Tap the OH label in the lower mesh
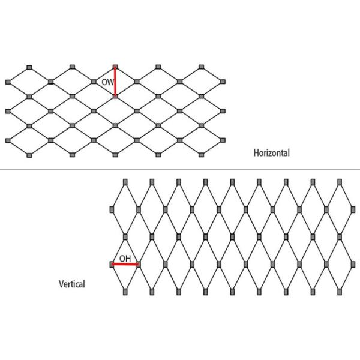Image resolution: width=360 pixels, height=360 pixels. pos(125,259)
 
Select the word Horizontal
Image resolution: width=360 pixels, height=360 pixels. pos(271,153)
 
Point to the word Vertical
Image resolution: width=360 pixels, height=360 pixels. pos(71,284)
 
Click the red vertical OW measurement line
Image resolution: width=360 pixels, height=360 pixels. pos(115,81)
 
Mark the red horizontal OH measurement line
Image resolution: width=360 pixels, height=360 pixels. pos(125,264)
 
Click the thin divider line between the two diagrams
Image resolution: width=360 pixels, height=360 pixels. pos(180,169)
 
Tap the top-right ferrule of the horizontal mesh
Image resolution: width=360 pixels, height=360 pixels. pos(202,65)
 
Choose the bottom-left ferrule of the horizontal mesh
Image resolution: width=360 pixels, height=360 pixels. pos(29,155)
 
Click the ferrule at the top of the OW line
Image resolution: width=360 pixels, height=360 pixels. pos(115,65)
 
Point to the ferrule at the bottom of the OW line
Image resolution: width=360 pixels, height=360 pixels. pos(115,96)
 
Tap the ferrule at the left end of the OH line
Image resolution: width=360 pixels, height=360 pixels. pos(112,264)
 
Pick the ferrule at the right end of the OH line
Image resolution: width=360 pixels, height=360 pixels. pos(139,264)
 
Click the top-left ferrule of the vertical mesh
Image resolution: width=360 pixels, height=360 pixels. pos(125,181)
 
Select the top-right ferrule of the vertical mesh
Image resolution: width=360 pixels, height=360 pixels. pos(340,181)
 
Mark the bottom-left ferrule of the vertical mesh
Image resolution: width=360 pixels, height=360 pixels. pos(125,292)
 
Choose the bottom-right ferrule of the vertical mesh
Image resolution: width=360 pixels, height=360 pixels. pos(340,292)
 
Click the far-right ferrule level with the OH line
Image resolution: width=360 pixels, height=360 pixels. pos(353,264)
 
